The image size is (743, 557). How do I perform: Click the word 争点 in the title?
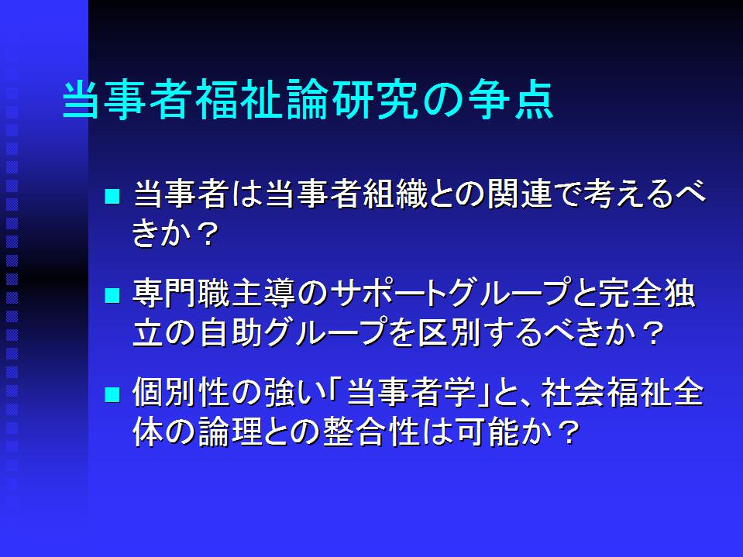(x=511, y=100)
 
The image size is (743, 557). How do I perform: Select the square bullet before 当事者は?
(x=112, y=196)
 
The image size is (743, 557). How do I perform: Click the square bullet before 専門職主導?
(x=112, y=295)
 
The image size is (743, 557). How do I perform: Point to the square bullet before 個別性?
(x=112, y=394)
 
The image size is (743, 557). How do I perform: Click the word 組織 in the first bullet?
(x=395, y=194)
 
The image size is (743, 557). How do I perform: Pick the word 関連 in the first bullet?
(x=520, y=194)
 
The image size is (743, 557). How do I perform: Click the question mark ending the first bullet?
(x=208, y=234)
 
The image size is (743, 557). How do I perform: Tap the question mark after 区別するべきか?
(x=652, y=334)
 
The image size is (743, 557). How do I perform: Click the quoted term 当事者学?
(x=411, y=393)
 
